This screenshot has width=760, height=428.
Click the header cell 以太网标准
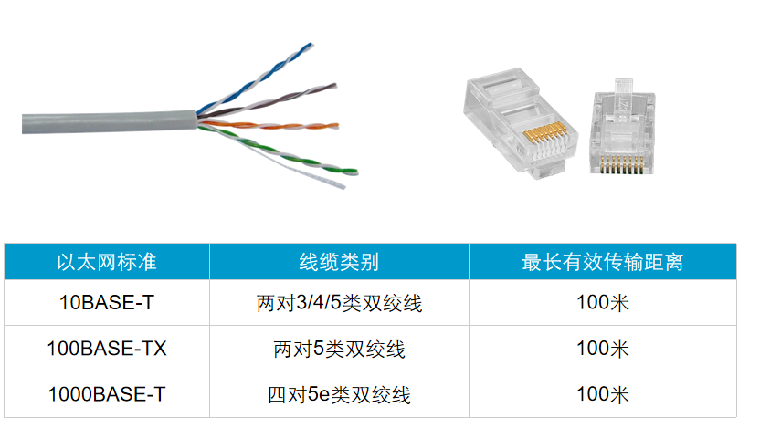pyautogui.click(x=107, y=262)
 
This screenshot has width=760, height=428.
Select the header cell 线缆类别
pyautogui.click(x=339, y=262)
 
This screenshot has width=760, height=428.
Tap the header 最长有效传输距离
pyautogui.click(x=603, y=262)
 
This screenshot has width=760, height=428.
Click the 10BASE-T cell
pyautogui.click(x=107, y=303)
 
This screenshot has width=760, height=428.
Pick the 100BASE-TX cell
pyautogui.click(x=107, y=349)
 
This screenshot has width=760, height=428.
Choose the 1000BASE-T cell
pyautogui.click(x=107, y=394)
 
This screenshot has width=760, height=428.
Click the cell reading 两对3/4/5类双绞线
pyautogui.click(x=339, y=303)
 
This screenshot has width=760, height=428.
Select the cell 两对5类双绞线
pyautogui.click(x=339, y=349)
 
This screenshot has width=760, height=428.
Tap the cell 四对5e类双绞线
pyautogui.click(x=339, y=394)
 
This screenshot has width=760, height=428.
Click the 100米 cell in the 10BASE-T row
pyautogui.click(x=603, y=303)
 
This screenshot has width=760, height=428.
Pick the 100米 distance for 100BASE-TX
pyautogui.click(x=603, y=349)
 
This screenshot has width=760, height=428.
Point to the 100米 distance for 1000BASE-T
pyautogui.click(x=603, y=394)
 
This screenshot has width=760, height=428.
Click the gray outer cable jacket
pyautogui.click(x=109, y=122)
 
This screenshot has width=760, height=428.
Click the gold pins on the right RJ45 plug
pyautogui.click(x=622, y=163)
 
